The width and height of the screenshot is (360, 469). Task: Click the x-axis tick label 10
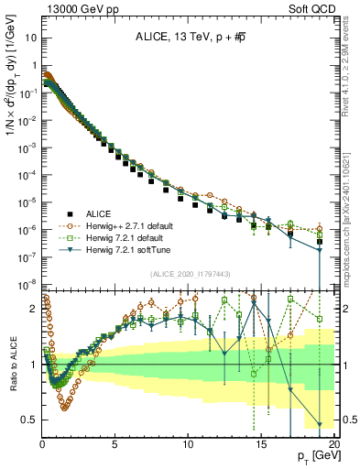(188, 445)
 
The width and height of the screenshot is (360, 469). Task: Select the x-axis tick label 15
(260, 445)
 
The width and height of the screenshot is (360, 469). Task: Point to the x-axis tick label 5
(115, 445)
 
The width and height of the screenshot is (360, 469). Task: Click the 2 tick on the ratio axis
(34, 309)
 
